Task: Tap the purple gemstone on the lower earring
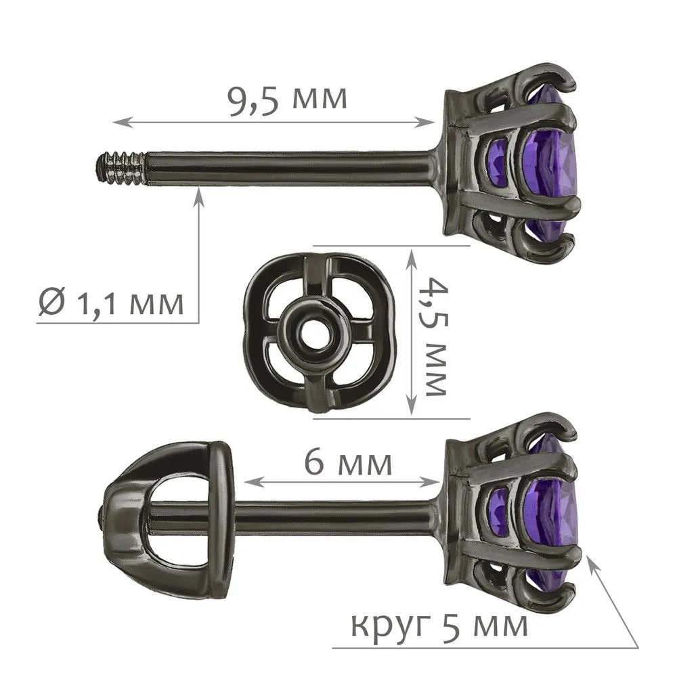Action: [x=550, y=510]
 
